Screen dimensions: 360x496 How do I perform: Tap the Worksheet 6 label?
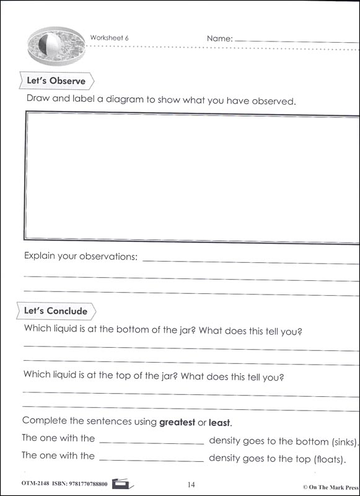110,37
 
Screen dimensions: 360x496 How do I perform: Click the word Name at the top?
219,38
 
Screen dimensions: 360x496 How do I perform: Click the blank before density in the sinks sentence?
151,442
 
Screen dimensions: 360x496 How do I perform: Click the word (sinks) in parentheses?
344,442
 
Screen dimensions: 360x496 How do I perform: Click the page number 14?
190,484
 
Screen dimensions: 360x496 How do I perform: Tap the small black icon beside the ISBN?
122,483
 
